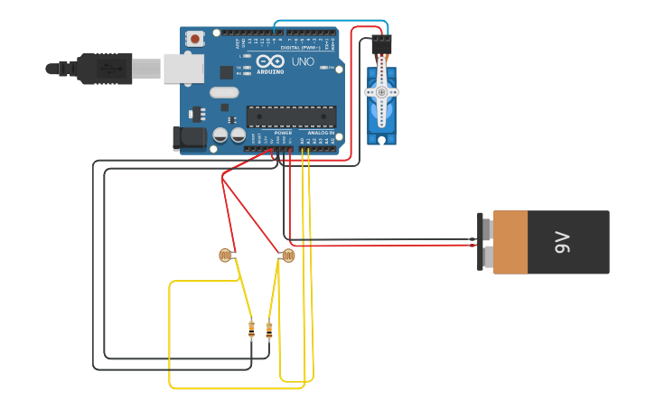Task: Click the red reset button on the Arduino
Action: click(194, 38)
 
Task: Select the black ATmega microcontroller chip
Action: click(291, 116)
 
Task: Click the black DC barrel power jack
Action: click(190, 137)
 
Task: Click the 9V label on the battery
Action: click(562, 242)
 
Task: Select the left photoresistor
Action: click(225, 256)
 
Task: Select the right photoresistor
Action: click(287, 256)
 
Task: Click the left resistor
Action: click(251, 330)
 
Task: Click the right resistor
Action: click(268, 330)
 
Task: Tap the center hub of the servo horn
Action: click(381, 92)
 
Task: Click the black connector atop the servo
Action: click(381, 42)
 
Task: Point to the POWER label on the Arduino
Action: click(283, 133)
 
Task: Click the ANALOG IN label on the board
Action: click(320, 133)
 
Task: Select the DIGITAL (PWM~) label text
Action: click(302, 47)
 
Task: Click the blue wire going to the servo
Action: click(330, 20)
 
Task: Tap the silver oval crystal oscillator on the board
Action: click(224, 92)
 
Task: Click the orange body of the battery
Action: click(510, 242)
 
